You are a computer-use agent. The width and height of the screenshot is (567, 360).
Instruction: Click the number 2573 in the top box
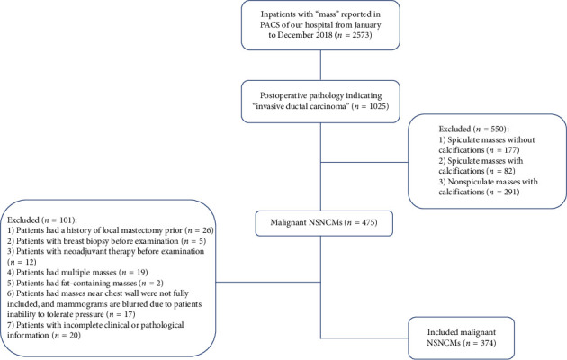coord(360,35)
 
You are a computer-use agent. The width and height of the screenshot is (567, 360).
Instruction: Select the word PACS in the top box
coord(269,25)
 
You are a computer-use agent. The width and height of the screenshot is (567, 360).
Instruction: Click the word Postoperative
coord(283,95)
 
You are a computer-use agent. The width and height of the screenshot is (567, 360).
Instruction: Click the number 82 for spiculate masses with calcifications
coord(508,171)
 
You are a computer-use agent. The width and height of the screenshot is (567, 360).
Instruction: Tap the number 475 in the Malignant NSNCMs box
coord(368,222)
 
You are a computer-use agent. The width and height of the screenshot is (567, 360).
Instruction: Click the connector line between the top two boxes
coord(320,65)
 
